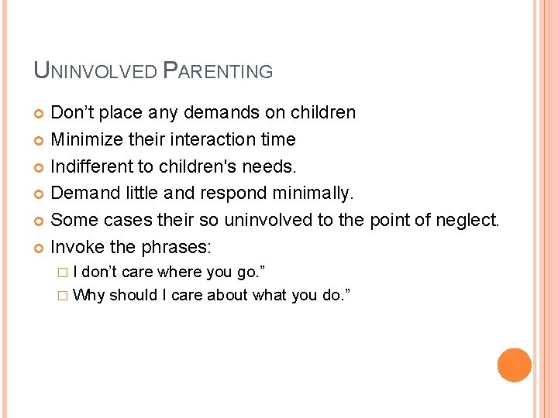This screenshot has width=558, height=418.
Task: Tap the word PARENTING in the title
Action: pos(219,71)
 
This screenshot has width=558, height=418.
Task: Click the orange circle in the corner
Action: pos(515,365)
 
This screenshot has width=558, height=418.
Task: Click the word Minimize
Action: pos(86,140)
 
